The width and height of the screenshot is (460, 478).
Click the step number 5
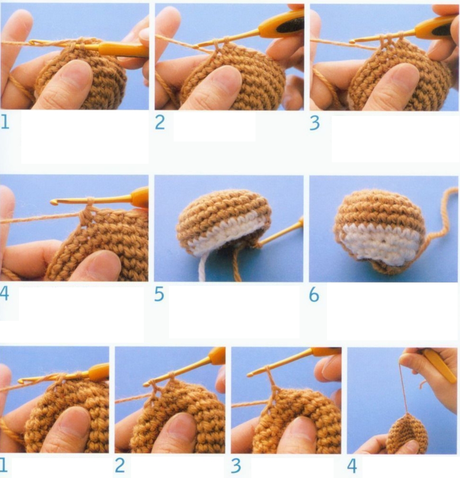click(159, 294)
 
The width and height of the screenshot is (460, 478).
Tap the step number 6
click(314, 295)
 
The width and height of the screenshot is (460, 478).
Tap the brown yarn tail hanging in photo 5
click(237, 265)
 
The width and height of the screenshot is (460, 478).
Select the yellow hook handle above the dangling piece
click(437, 365)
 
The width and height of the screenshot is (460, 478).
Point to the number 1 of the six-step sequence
click(5, 122)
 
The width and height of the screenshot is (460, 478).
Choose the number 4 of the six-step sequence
click(4, 293)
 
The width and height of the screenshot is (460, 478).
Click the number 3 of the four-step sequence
click(236, 466)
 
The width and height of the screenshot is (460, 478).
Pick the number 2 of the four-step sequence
click(120, 466)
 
